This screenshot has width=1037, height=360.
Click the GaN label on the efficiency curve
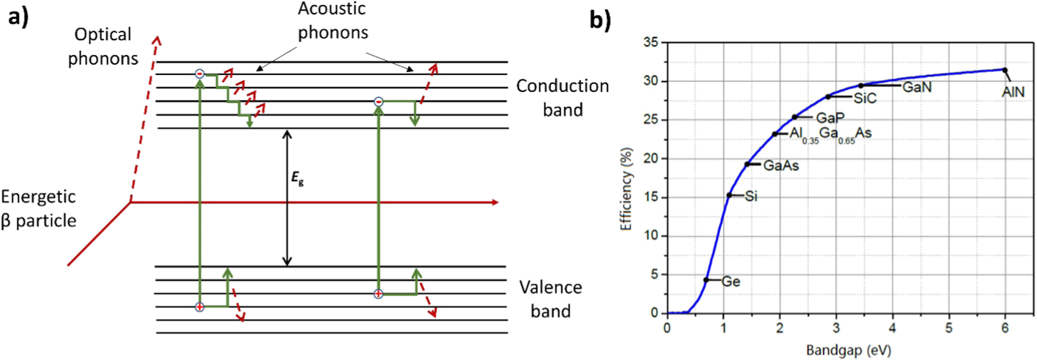tap(917, 87)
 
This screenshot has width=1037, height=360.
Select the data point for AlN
tap(1004, 70)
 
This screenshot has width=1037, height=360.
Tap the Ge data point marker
tap(706, 280)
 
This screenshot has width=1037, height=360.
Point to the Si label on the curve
tap(751, 196)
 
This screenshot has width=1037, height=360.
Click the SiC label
tap(865, 98)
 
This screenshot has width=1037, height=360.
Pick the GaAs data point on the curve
tap(747, 164)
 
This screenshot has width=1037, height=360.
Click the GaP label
tap(830, 118)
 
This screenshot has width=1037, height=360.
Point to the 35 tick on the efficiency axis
tap(651, 43)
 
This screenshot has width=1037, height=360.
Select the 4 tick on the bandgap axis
tap(892, 328)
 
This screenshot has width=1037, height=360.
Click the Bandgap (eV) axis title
tap(848, 351)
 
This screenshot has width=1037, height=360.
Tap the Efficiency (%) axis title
tap(626, 189)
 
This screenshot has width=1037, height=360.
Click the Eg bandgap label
tap(297, 179)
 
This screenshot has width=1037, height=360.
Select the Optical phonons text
tap(103, 47)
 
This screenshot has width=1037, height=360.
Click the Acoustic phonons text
tap(332, 21)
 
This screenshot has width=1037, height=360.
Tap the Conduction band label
tap(563, 98)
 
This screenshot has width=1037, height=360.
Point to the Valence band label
tap(551, 299)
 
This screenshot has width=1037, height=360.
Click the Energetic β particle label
tap(38, 209)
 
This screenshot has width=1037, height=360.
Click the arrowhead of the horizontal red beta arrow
tap(495, 202)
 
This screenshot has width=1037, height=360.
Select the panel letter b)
tap(600, 20)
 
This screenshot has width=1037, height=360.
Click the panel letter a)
tap(18, 17)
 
